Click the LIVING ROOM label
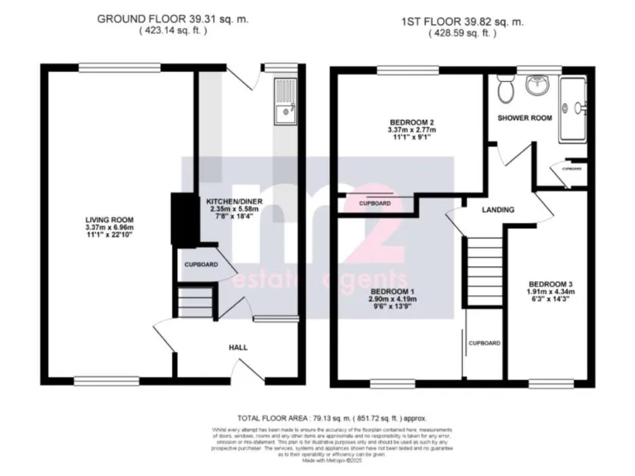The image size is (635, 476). [108, 219]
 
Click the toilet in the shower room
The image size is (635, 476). [508, 87]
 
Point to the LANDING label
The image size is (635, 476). [498, 210]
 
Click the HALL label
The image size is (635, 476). [238, 347]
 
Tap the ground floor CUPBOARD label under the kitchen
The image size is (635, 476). [201, 265]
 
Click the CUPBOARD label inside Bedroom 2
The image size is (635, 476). [375, 202]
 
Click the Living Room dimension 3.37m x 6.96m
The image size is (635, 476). [108, 227]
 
